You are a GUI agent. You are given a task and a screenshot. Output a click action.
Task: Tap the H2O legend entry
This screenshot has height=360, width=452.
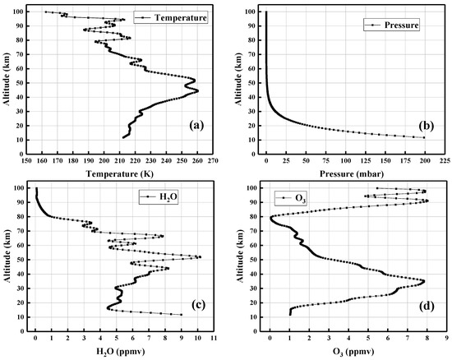[x=155, y=196]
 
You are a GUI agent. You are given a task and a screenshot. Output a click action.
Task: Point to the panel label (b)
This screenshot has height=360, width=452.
[x=428, y=126]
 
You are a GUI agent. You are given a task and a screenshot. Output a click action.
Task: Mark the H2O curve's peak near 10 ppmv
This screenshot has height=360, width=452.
[x=198, y=257]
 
